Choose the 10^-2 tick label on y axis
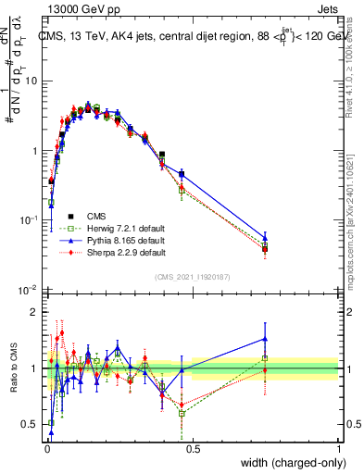point(28,290)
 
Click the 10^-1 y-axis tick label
point(28,220)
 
